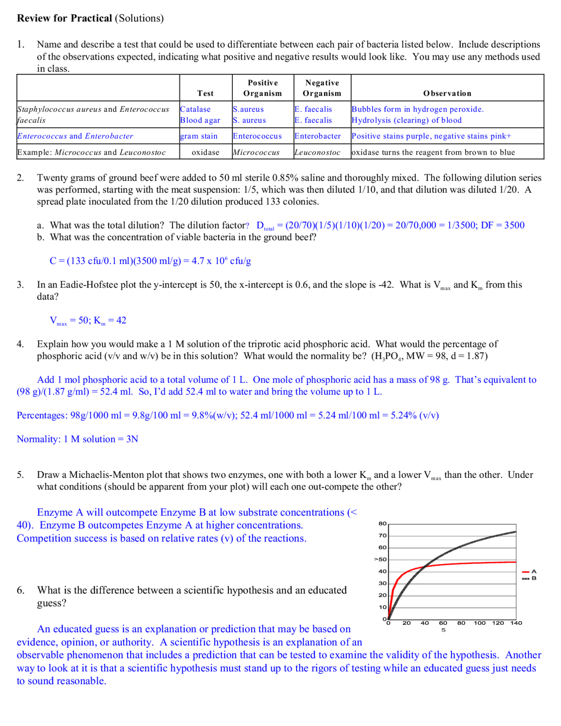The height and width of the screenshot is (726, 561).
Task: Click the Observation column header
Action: tap(447, 93)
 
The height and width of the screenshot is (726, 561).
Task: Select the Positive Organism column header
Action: tap(263, 88)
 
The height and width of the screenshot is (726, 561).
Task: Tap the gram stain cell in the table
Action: tap(199, 136)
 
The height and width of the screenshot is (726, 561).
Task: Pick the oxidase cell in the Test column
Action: tap(206, 153)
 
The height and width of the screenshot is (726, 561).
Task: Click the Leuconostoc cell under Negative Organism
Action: tap(317, 153)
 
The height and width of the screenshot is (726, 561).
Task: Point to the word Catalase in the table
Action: tap(195, 109)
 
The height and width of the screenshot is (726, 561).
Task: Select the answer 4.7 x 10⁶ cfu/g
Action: tap(221, 261)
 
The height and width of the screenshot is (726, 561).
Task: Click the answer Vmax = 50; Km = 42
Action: tap(88, 320)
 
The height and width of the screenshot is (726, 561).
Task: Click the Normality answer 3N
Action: tap(132, 439)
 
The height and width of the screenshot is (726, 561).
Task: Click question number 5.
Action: tap(20, 475)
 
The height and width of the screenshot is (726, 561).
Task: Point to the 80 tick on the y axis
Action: tap(382, 523)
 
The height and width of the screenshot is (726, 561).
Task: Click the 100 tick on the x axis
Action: tap(479, 623)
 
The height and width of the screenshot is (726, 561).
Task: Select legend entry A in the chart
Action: tap(533, 572)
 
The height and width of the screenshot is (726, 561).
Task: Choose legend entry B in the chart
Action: tap(533, 579)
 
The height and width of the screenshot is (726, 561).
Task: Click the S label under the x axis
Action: tap(444, 630)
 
